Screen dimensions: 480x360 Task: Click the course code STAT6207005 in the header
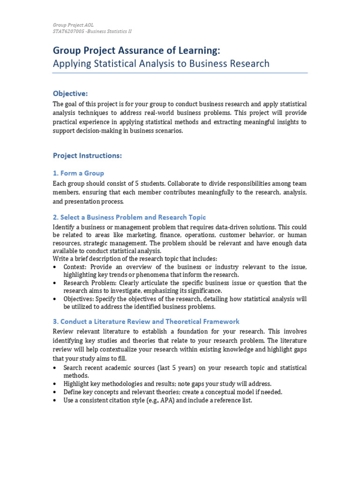pyautogui.click(x=69, y=31)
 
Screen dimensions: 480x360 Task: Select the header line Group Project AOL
pyautogui.click(x=73, y=25)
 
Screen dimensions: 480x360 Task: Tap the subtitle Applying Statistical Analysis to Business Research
pyautogui.click(x=161, y=63)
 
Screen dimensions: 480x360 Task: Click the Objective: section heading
pyautogui.click(x=70, y=94)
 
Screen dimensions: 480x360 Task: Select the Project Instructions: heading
pyautogui.click(x=87, y=156)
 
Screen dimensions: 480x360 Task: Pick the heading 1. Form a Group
pyautogui.click(x=78, y=173)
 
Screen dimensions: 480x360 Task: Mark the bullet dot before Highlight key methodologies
pyautogui.click(x=56, y=384)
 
